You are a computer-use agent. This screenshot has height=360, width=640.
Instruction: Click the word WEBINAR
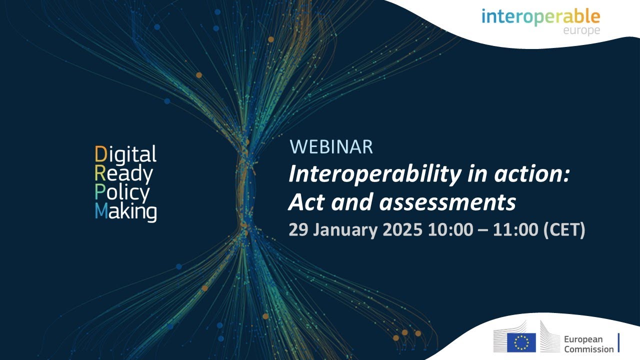[x=331, y=147]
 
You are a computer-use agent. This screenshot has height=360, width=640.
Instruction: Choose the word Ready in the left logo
[x=124, y=174]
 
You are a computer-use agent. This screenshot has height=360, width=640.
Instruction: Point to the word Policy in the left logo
[x=122, y=193]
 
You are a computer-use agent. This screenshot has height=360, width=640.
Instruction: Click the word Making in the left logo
[x=125, y=212]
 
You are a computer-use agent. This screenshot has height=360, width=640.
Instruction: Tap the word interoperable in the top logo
[x=540, y=16]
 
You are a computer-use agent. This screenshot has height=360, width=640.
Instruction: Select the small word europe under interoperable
[x=580, y=30]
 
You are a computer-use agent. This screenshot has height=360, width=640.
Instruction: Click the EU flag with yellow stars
[x=521, y=342]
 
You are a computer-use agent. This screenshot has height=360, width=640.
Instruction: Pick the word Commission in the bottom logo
[x=588, y=349]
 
